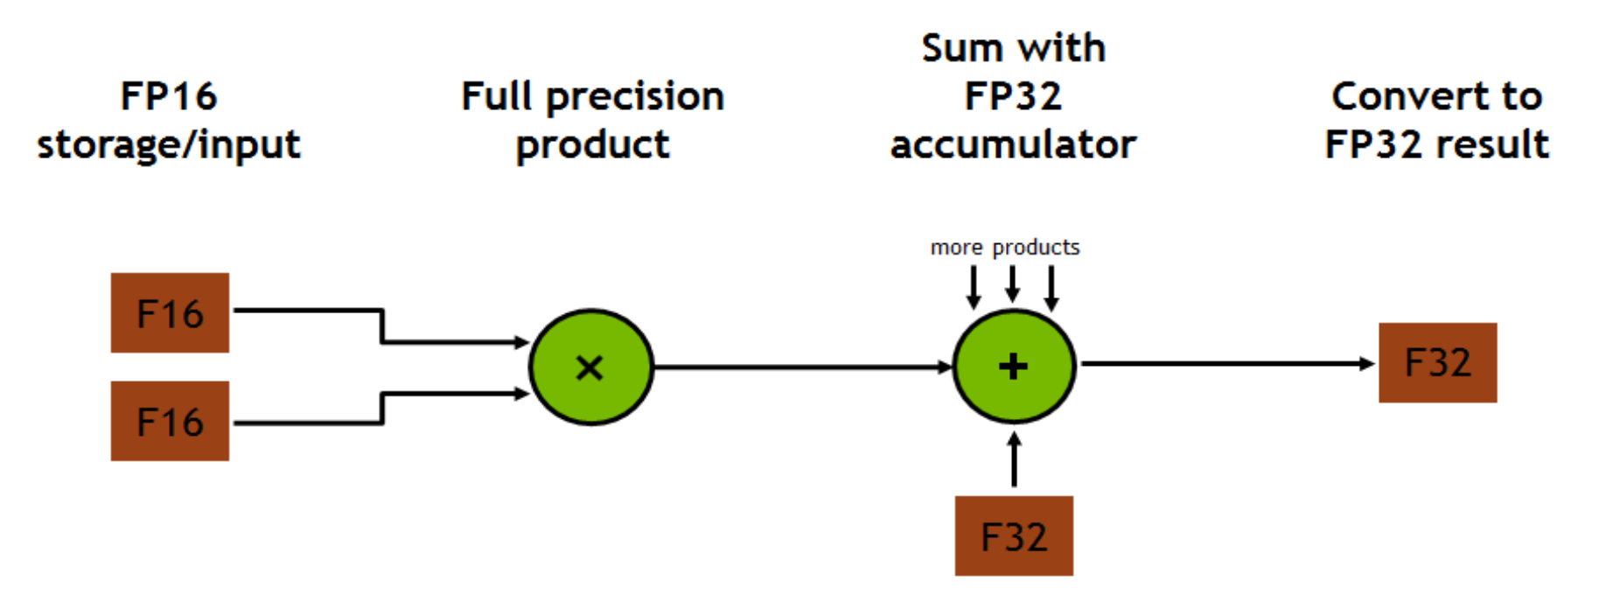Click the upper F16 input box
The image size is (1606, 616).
170,312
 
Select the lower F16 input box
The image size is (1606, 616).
170,421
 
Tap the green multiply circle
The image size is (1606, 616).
591,367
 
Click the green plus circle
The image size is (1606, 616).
1014,367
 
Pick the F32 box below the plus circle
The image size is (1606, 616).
1014,535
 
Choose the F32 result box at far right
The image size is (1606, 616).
1437,362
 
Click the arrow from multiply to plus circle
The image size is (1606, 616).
800,367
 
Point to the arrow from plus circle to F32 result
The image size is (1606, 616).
1225,363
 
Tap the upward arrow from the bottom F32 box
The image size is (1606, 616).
1014,459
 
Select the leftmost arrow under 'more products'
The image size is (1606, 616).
974,287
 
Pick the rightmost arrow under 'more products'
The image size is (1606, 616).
1051,287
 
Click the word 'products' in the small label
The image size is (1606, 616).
1036,248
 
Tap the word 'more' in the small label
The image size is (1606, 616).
956,248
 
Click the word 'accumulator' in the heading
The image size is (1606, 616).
1013,144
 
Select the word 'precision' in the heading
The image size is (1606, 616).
635,97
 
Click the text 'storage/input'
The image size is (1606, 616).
169,144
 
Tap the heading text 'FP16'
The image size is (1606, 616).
169,96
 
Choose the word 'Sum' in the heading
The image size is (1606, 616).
960,48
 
